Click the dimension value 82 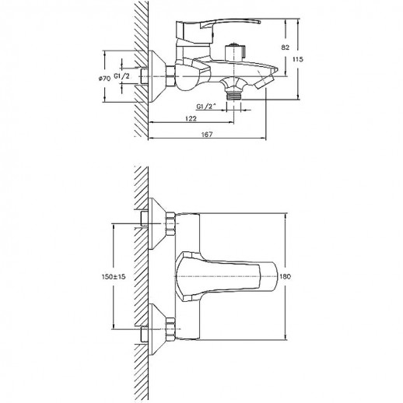285,47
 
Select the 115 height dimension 298,59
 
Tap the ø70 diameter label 104,78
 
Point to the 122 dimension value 191,118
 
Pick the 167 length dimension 207,135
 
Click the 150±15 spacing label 114,277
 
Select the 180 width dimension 286,276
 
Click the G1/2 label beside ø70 121,76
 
